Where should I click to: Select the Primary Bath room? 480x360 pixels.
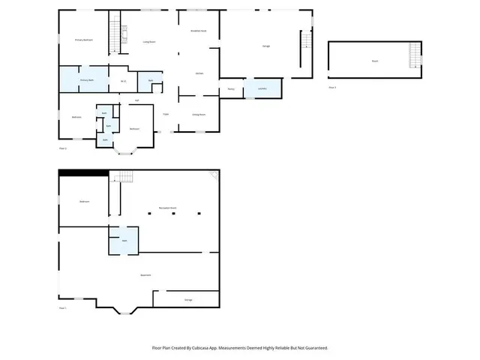tap(86, 79)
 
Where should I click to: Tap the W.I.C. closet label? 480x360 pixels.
tap(123, 81)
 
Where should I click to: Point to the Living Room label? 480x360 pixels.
tap(148, 42)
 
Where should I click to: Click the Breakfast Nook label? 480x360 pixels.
tap(199, 31)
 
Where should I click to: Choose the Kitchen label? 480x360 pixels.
tap(199, 73)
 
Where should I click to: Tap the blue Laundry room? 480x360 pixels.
tap(262, 88)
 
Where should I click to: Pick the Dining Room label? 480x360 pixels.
tap(199, 114)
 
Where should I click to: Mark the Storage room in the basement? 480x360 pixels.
tap(187, 299)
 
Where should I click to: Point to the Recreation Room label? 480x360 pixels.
tap(166, 208)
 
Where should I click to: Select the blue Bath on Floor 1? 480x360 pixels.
tap(124, 240)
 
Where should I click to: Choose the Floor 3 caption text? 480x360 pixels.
tap(332, 88)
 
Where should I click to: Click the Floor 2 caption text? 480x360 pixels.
tap(63, 148)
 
